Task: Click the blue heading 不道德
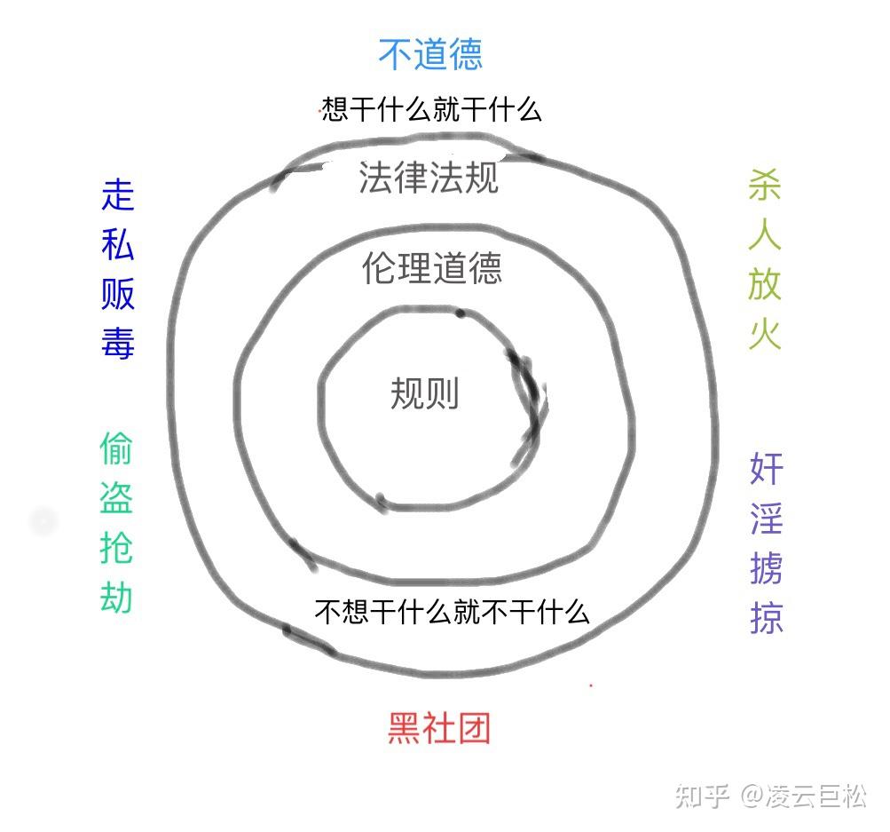[x=430, y=54]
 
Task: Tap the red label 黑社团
[x=439, y=729]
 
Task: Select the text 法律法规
[x=429, y=178]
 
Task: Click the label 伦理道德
[x=432, y=267]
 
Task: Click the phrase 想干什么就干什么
[x=431, y=110]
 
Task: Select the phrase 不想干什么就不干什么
[x=453, y=611]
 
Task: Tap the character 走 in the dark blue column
[x=118, y=194]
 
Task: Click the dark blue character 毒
[x=118, y=342]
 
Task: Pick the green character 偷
[x=116, y=450]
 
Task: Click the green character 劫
[x=116, y=598]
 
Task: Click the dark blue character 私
[x=118, y=243]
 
